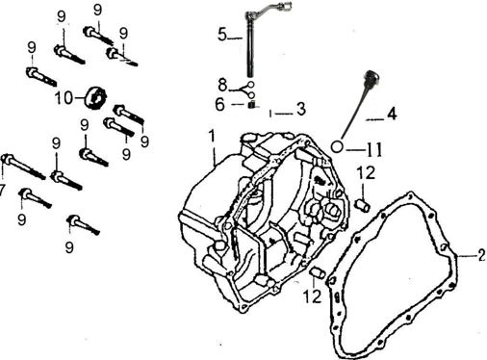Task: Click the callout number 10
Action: point(64,97)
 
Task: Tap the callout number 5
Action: point(222,34)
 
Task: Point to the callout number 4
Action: point(392,115)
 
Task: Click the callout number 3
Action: point(301,109)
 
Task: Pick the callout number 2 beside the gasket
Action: point(481,256)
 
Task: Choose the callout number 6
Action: point(219,105)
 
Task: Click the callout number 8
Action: point(222,86)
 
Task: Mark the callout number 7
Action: point(2,191)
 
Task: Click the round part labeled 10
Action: point(95,97)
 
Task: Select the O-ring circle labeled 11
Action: point(337,147)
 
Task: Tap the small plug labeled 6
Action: point(252,105)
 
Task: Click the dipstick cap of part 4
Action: point(371,78)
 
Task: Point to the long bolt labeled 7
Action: point(24,167)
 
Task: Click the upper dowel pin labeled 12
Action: point(363,205)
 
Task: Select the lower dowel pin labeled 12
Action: point(318,273)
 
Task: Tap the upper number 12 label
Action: point(366,172)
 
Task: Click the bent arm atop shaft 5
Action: point(269,10)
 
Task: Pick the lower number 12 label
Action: point(312,296)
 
